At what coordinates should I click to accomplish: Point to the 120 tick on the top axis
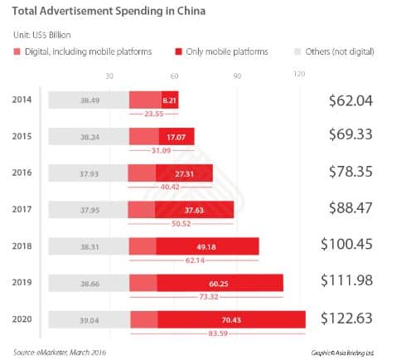pos(300,75)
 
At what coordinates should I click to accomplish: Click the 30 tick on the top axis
pos(109,75)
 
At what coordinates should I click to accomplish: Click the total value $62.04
pos(351,100)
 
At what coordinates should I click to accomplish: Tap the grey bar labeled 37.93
pos(89,173)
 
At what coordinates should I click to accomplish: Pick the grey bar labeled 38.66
pos(89,283)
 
